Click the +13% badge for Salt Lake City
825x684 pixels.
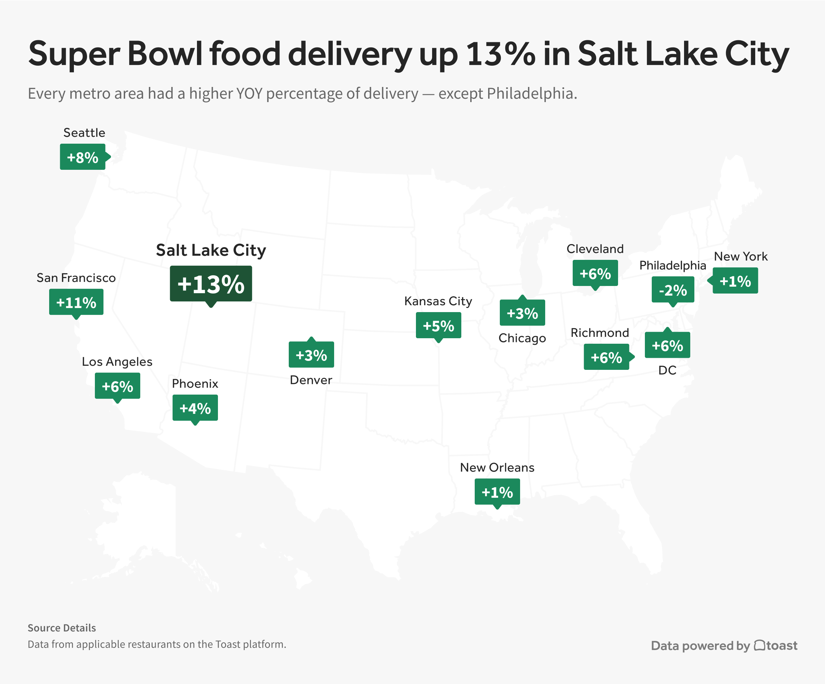(211, 284)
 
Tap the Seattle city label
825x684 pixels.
(84, 133)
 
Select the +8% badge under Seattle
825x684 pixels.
(82, 157)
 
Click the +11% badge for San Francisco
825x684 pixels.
(76, 302)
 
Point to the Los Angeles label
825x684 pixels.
(117, 362)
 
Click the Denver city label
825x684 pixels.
(311, 380)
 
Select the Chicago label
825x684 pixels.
(522, 338)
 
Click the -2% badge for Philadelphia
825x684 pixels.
(673, 290)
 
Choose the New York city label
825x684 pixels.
(740, 256)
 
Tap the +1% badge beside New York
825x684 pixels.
(735, 281)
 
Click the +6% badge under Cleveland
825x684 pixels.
(595, 273)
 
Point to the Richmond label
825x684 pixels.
(599, 333)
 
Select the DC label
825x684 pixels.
(667, 370)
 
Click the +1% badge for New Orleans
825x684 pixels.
(497, 492)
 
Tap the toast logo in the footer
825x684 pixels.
(776, 646)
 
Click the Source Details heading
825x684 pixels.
(62, 628)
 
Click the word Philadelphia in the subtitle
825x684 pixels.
(531, 93)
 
